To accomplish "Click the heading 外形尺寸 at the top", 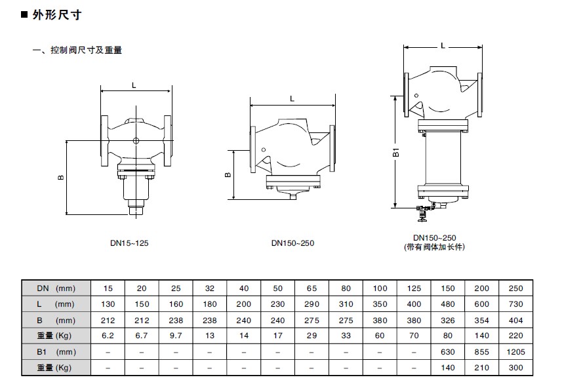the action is [x=57, y=15].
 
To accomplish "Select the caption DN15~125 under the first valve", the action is [x=129, y=243].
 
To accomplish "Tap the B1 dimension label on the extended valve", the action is [x=395, y=152].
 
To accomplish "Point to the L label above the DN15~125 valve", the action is [x=134, y=85].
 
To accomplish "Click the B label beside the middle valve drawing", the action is [x=228, y=175].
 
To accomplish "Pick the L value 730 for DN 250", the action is [x=515, y=304].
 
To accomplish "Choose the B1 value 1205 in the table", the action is [x=515, y=352].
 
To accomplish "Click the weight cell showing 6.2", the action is [x=108, y=336].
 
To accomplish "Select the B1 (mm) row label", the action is [x=56, y=352].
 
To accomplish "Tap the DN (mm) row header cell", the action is [x=56, y=288].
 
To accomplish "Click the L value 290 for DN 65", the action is [x=311, y=304].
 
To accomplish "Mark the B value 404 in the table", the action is [x=515, y=321].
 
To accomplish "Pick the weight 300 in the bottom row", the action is [x=515, y=368].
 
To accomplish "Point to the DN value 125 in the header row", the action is [x=414, y=288].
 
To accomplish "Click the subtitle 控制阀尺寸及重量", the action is [x=86, y=50].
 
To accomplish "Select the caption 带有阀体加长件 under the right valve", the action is [x=434, y=247].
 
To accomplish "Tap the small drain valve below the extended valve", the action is [x=424, y=213].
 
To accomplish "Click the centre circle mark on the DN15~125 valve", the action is [x=136, y=141].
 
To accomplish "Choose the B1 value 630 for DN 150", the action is [x=448, y=352].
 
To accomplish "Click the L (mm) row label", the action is [x=56, y=304].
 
